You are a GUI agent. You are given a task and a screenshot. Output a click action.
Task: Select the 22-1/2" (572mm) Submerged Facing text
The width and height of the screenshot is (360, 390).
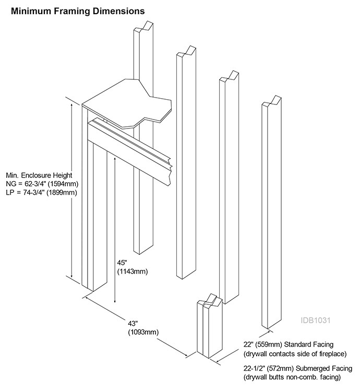point(295,368)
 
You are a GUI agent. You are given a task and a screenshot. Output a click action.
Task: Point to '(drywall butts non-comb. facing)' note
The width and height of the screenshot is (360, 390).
point(292,376)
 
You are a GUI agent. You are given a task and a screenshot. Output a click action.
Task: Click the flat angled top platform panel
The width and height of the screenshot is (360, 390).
point(125,102)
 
